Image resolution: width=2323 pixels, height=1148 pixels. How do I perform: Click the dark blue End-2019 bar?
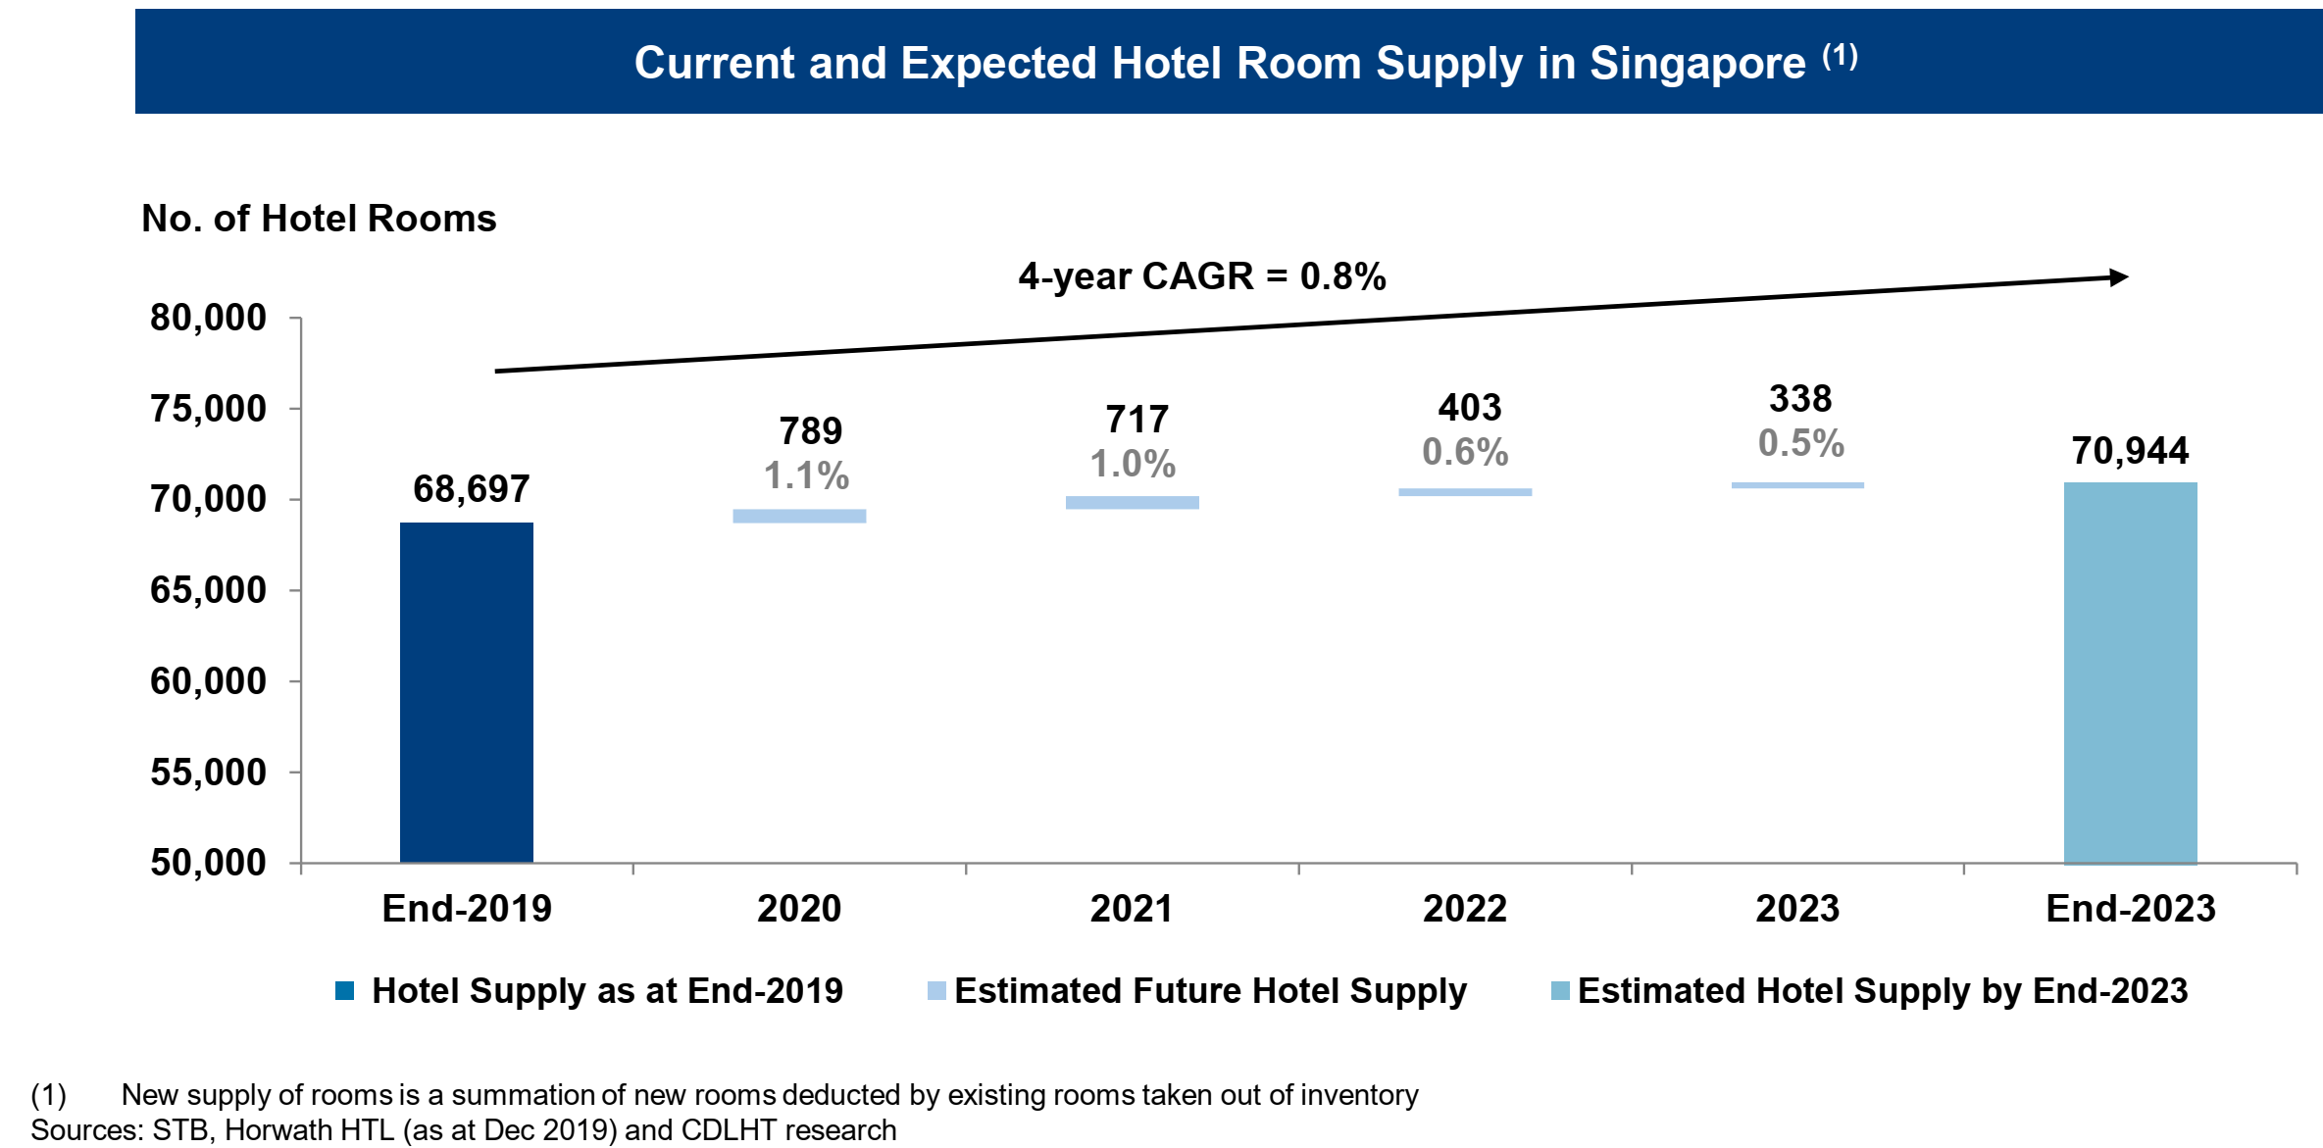pyautogui.click(x=466, y=691)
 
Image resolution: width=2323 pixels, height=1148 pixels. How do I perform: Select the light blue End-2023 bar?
pyautogui.click(x=2130, y=673)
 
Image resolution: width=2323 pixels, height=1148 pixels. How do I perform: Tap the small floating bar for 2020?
pyautogui.click(x=799, y=516)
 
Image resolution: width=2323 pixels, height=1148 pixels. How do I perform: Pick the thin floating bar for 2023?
pyautogui.click(x=1797, y=485)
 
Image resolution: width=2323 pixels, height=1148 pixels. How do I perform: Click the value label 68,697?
pyautogui.click(x=471, y=489)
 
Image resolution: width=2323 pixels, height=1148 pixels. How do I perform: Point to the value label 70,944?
pyautogui.click(x=2130, y=451)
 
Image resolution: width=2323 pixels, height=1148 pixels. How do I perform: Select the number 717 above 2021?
pyautogui.click(x=1136, y=420)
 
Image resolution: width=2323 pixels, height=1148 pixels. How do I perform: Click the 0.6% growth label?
pyautogui.click(x=1465, y=452)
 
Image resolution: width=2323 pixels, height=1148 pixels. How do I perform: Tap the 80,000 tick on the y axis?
pyautogui.click(x=208, y=318)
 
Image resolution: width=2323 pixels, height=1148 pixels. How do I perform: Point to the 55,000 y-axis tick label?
pyautogui.click(x=208, y=773)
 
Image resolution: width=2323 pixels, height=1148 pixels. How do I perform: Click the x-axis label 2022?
pyautogui.click(x=1464, y=909)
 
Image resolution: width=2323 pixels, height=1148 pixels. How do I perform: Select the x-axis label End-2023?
pyautogui.click(x=2130, y=909)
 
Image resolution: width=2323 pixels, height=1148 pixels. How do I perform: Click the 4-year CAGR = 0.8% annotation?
pyautogui.click(x=1201, y=276)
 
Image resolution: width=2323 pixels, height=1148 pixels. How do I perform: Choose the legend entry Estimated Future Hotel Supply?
pyautogui.click(x=1209, y=991)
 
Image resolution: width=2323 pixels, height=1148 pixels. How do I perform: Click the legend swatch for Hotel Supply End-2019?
pyautogui.click(x=344, y=991)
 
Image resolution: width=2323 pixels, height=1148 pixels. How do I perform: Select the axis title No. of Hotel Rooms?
pyautogui.click(x=319, y=219)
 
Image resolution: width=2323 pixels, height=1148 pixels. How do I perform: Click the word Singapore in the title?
pyautogui.click(x=1696, y=64)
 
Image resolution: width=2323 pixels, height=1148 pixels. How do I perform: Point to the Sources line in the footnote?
pyautogui.click(x=463, y=1130)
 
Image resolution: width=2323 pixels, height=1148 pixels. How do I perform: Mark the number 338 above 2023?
pyautogui.click(x=1799, y=399)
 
